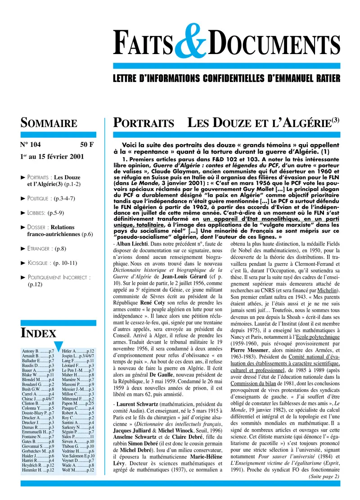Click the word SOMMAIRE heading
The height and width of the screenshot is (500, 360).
tap(49, 123)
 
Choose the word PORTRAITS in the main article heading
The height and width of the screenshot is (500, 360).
tap(144, 123)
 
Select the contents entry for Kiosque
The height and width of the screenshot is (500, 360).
tap(52, 263)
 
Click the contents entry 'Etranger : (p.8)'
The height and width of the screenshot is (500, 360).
tap(47, 248)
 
